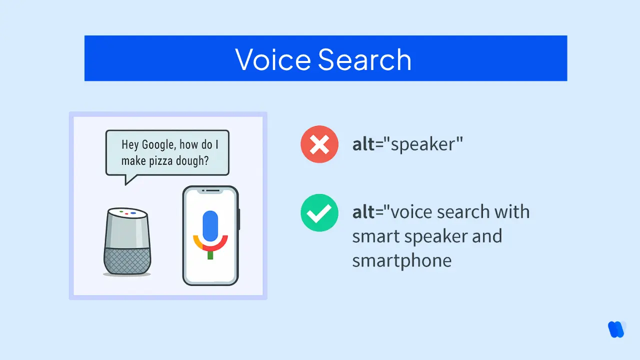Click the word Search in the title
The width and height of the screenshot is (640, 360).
click(364, 59)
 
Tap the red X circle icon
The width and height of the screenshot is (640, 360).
click(319, 145)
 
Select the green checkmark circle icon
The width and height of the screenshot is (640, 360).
click(319, 213)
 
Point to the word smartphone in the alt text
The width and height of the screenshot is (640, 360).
click(401, 260)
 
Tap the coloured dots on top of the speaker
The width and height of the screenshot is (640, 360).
click(127, 212)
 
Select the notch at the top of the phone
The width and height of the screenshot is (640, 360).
click(210, 190)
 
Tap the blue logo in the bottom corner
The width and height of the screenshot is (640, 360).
click(616, 329)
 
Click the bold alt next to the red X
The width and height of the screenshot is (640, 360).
click(363, 145)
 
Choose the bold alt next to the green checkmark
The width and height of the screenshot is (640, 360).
click(363, 212)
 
